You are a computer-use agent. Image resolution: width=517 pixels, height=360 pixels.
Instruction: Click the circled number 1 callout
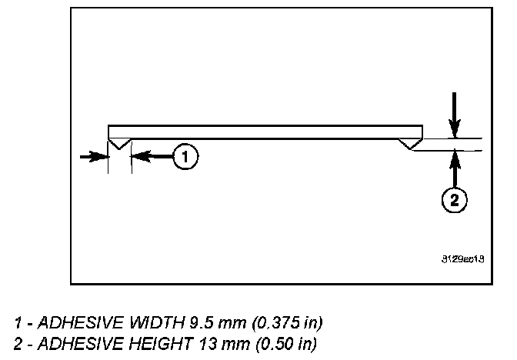click(x=185, y=157)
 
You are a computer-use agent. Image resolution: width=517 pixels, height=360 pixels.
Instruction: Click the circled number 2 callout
click(x=455, y=200)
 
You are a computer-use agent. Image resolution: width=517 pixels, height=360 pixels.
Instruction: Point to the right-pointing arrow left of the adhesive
click(x=94, y=156)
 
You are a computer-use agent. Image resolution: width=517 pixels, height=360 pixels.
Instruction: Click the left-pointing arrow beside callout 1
click(x=150, y=156)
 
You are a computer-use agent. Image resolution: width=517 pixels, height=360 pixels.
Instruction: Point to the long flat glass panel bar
click(x=265, y=130)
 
